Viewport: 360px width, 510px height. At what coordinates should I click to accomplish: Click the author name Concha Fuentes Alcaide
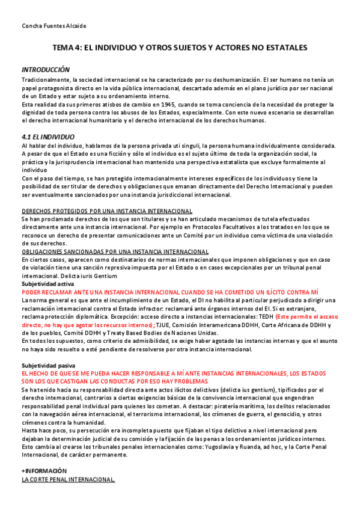53,26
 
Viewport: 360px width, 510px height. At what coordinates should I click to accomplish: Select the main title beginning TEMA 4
180,47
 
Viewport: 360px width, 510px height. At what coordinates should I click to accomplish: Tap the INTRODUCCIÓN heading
46,70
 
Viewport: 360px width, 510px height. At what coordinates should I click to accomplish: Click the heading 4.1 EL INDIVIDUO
47,137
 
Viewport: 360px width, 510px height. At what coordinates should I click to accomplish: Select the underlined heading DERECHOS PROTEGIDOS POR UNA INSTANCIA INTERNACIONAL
107,211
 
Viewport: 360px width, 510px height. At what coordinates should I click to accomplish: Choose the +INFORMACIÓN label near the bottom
44,470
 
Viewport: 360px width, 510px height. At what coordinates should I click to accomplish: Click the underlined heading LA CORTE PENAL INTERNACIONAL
68,479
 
